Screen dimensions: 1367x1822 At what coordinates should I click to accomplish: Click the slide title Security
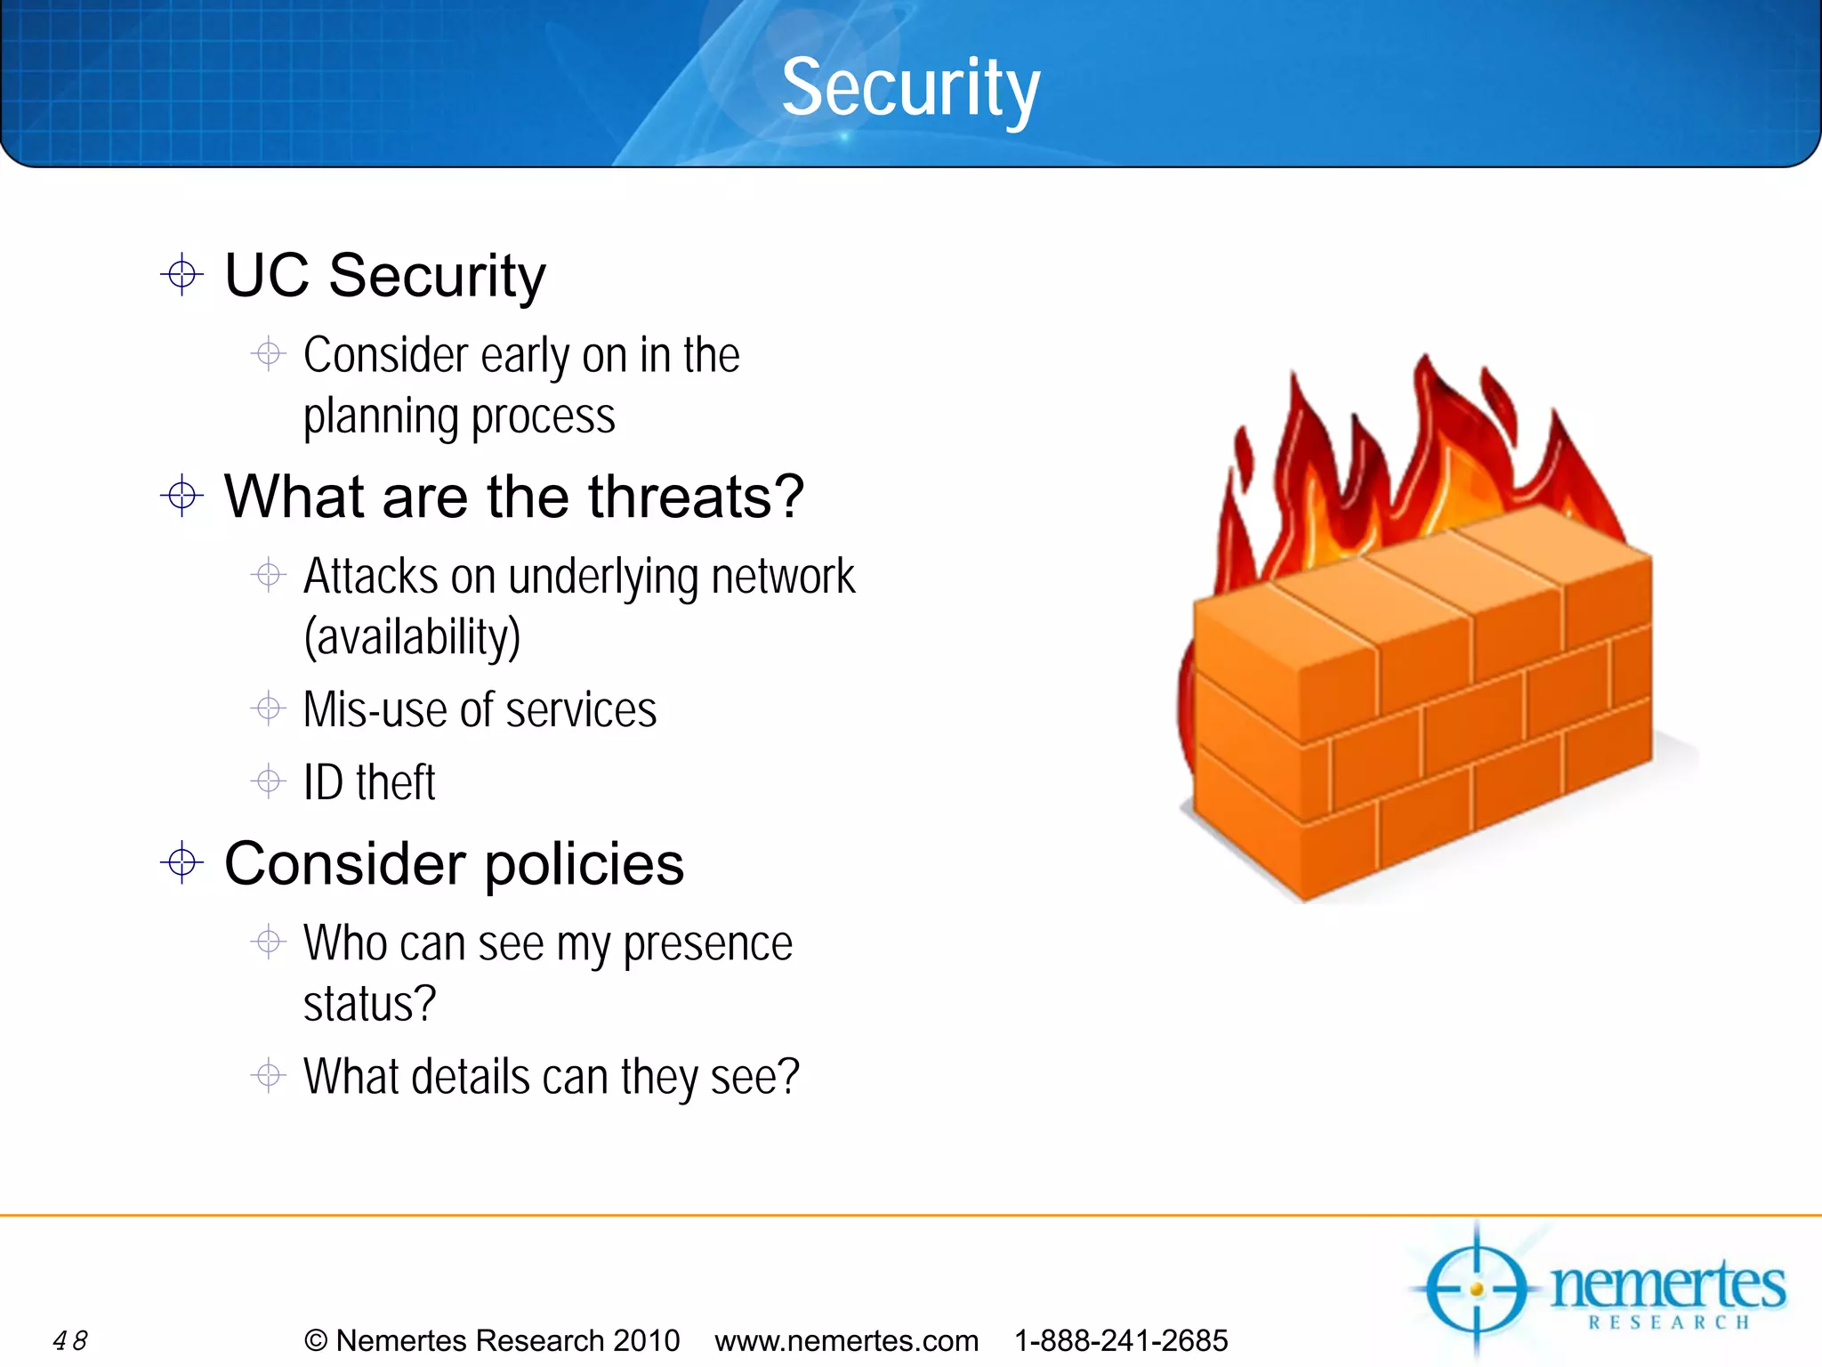click(x=910, y=87)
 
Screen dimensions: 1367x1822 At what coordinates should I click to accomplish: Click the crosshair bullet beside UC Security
click(x=182, y=274)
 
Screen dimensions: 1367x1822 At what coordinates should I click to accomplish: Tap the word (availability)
click(x=412, y=637)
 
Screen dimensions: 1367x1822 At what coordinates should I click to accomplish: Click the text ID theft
click(x=368, y=782)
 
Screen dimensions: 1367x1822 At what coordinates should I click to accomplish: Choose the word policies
click(x=584, y=864)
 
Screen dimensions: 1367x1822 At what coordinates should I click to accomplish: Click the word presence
click(x=707, y=945)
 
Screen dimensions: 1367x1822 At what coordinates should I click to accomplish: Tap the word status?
click(x=369, y=1004)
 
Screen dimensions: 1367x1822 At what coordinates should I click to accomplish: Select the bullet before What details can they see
click(x=268, y=1075)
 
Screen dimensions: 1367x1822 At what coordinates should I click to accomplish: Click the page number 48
click(x=70, y=1340)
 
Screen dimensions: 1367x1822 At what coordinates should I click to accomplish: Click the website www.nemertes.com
click(x=846, y=1340)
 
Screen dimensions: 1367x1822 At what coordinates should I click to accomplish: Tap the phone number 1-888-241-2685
click(x=1121, y=1340)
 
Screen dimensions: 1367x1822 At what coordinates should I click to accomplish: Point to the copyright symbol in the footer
click(x=316, y=1340)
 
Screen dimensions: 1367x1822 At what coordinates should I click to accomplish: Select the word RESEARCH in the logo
click(x=1669, y=1323)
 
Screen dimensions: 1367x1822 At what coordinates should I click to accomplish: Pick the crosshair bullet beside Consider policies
click(x=182, y=862)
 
